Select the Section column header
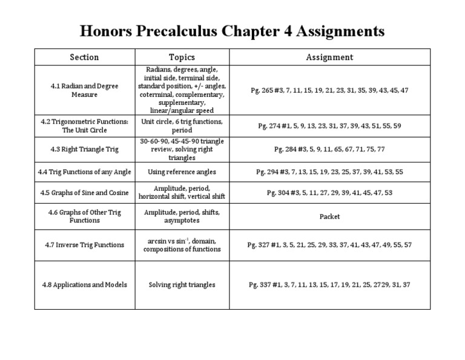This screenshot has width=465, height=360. click(84, 58)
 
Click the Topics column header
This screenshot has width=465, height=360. click(182, 58)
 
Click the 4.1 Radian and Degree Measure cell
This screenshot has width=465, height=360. click(84, 90)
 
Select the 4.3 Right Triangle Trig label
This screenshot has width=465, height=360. click(84, 148)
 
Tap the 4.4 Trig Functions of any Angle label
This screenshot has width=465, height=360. click(84, 172)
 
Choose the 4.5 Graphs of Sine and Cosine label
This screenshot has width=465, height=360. click(84, 193)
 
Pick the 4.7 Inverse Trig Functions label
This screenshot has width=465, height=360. click(84, 245)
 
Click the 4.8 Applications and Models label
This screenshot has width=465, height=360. click(84, 285)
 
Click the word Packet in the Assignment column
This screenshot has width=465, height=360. click(329, 216)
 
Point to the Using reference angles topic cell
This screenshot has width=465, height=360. click(182, 172)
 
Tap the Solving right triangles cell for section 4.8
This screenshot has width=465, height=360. click(182, 285)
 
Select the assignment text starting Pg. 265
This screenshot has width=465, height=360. click(329, 90)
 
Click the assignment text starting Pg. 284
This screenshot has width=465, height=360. click(329, 148)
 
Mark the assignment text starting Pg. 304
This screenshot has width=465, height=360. click(329, 193)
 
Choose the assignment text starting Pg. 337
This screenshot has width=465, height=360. click(329, 285)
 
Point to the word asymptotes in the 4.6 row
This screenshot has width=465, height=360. click(182, 221)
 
